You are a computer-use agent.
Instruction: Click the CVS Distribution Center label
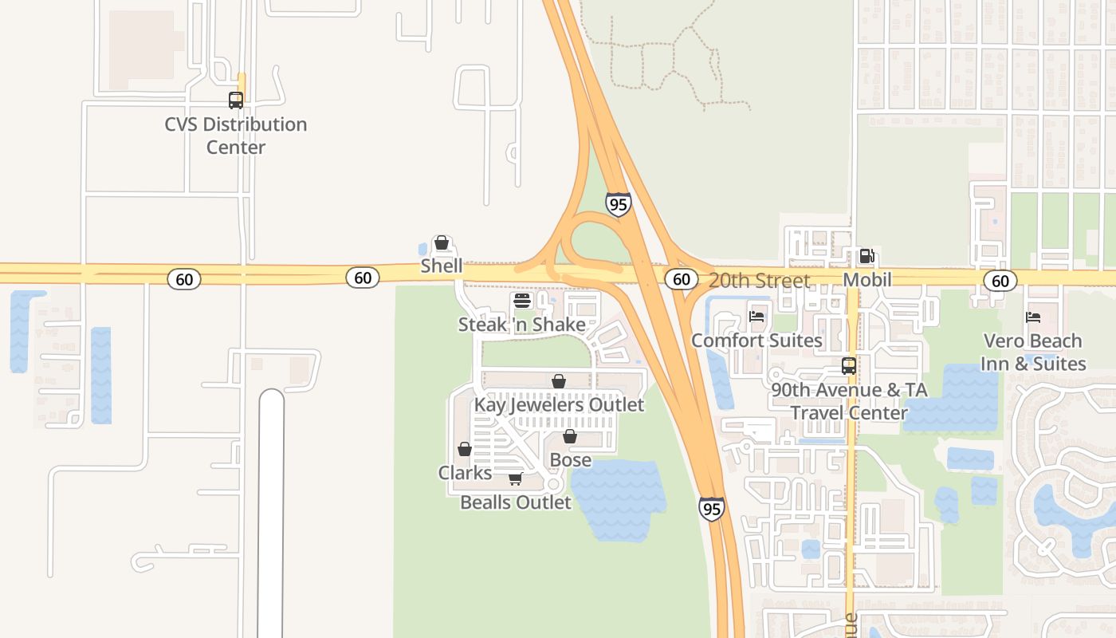point(236,136)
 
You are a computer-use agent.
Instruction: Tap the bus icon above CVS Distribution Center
point(236,100)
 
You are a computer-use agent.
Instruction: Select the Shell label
point(442,266)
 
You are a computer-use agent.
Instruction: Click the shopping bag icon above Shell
point(441,242)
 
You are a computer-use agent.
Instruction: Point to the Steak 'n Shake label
point(521,325)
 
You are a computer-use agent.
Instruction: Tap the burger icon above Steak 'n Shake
point(522,301)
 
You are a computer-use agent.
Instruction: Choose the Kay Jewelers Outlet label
point(559,404)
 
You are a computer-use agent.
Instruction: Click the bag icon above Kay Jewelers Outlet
point(559,381)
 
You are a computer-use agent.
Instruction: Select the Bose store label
point(571,460)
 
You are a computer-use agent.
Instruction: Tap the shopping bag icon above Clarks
point(465,450)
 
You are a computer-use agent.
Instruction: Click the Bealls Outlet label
point(516,502)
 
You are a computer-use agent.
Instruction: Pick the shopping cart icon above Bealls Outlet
point(516,479)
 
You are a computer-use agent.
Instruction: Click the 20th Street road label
point(759,281)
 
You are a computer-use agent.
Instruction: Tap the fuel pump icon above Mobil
point(866,257)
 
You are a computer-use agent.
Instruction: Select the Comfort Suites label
point(756,341)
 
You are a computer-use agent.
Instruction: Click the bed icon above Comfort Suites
point(756,317)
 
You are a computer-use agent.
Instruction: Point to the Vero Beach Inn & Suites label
point(1034,352)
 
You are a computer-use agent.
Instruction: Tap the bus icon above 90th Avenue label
point(849,366)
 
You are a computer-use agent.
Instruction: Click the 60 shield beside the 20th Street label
point(681,279)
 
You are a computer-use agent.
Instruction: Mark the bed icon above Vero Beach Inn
point(1033,317)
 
